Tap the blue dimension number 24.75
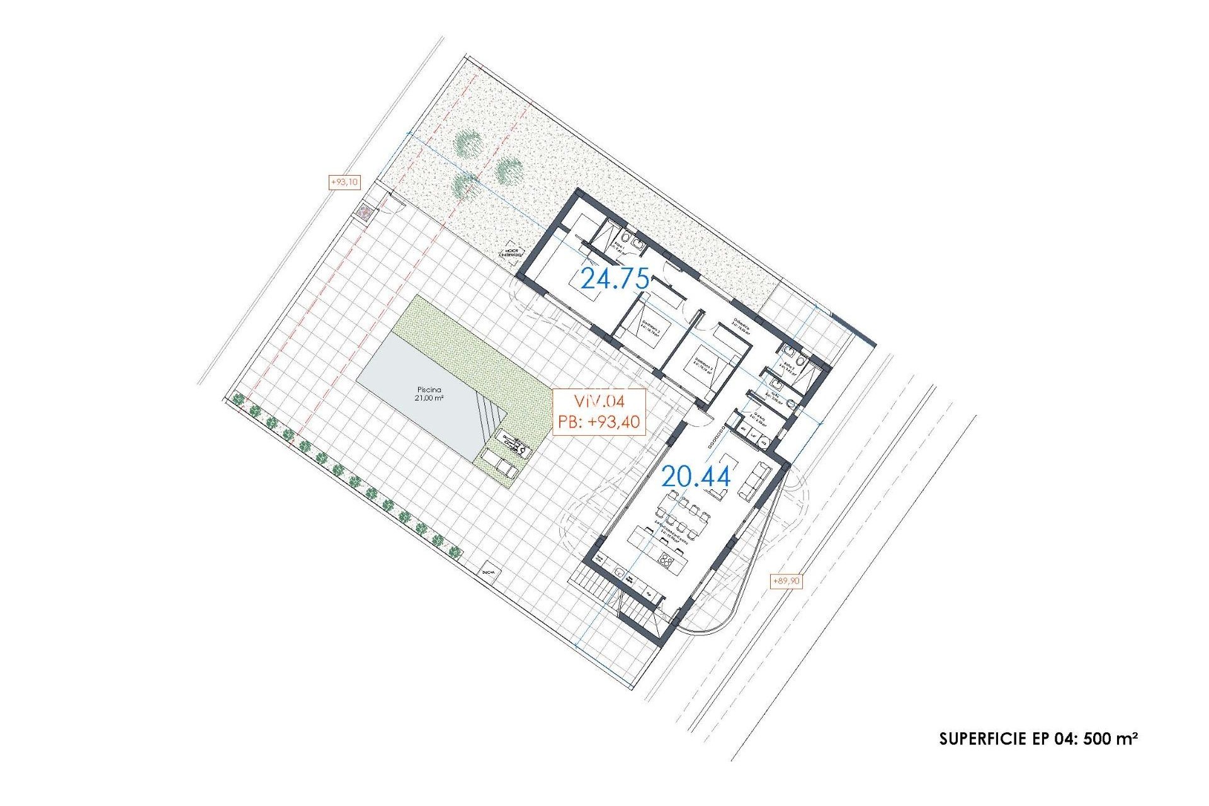[x=614, y=278]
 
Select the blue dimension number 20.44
[x=696, y=477]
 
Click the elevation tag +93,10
[x=344, y=182]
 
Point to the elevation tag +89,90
[x=786, y=581]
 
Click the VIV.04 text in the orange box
[x=599, y=402]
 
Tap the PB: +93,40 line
[x=599, y=421]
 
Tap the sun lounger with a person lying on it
[x=515, y=447]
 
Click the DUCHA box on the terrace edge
[x=489, y=572]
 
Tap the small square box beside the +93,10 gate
[x=365, y=213]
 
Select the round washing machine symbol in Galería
[x=764, y=443]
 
